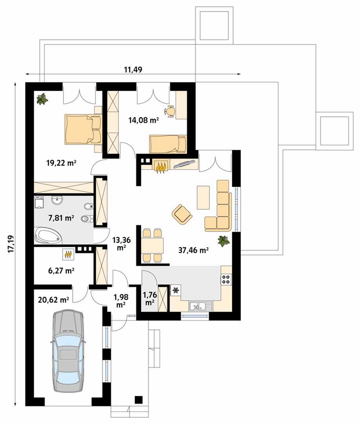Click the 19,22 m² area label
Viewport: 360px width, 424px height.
[x=62, y=163]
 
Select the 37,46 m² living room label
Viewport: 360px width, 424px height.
[x=193, y=250]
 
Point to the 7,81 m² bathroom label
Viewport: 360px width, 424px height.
[x=61, y=217]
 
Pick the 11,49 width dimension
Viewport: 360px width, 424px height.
[x=133, y=69]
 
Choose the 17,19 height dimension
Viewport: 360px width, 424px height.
[x=11, y=244]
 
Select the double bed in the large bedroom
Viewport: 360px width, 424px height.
[x=83, y=129]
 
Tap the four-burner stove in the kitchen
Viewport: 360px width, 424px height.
[x=226, y=279]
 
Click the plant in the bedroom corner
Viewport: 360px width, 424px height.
[x=42, y=99]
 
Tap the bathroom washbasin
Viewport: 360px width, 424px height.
[x=58, y=200]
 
